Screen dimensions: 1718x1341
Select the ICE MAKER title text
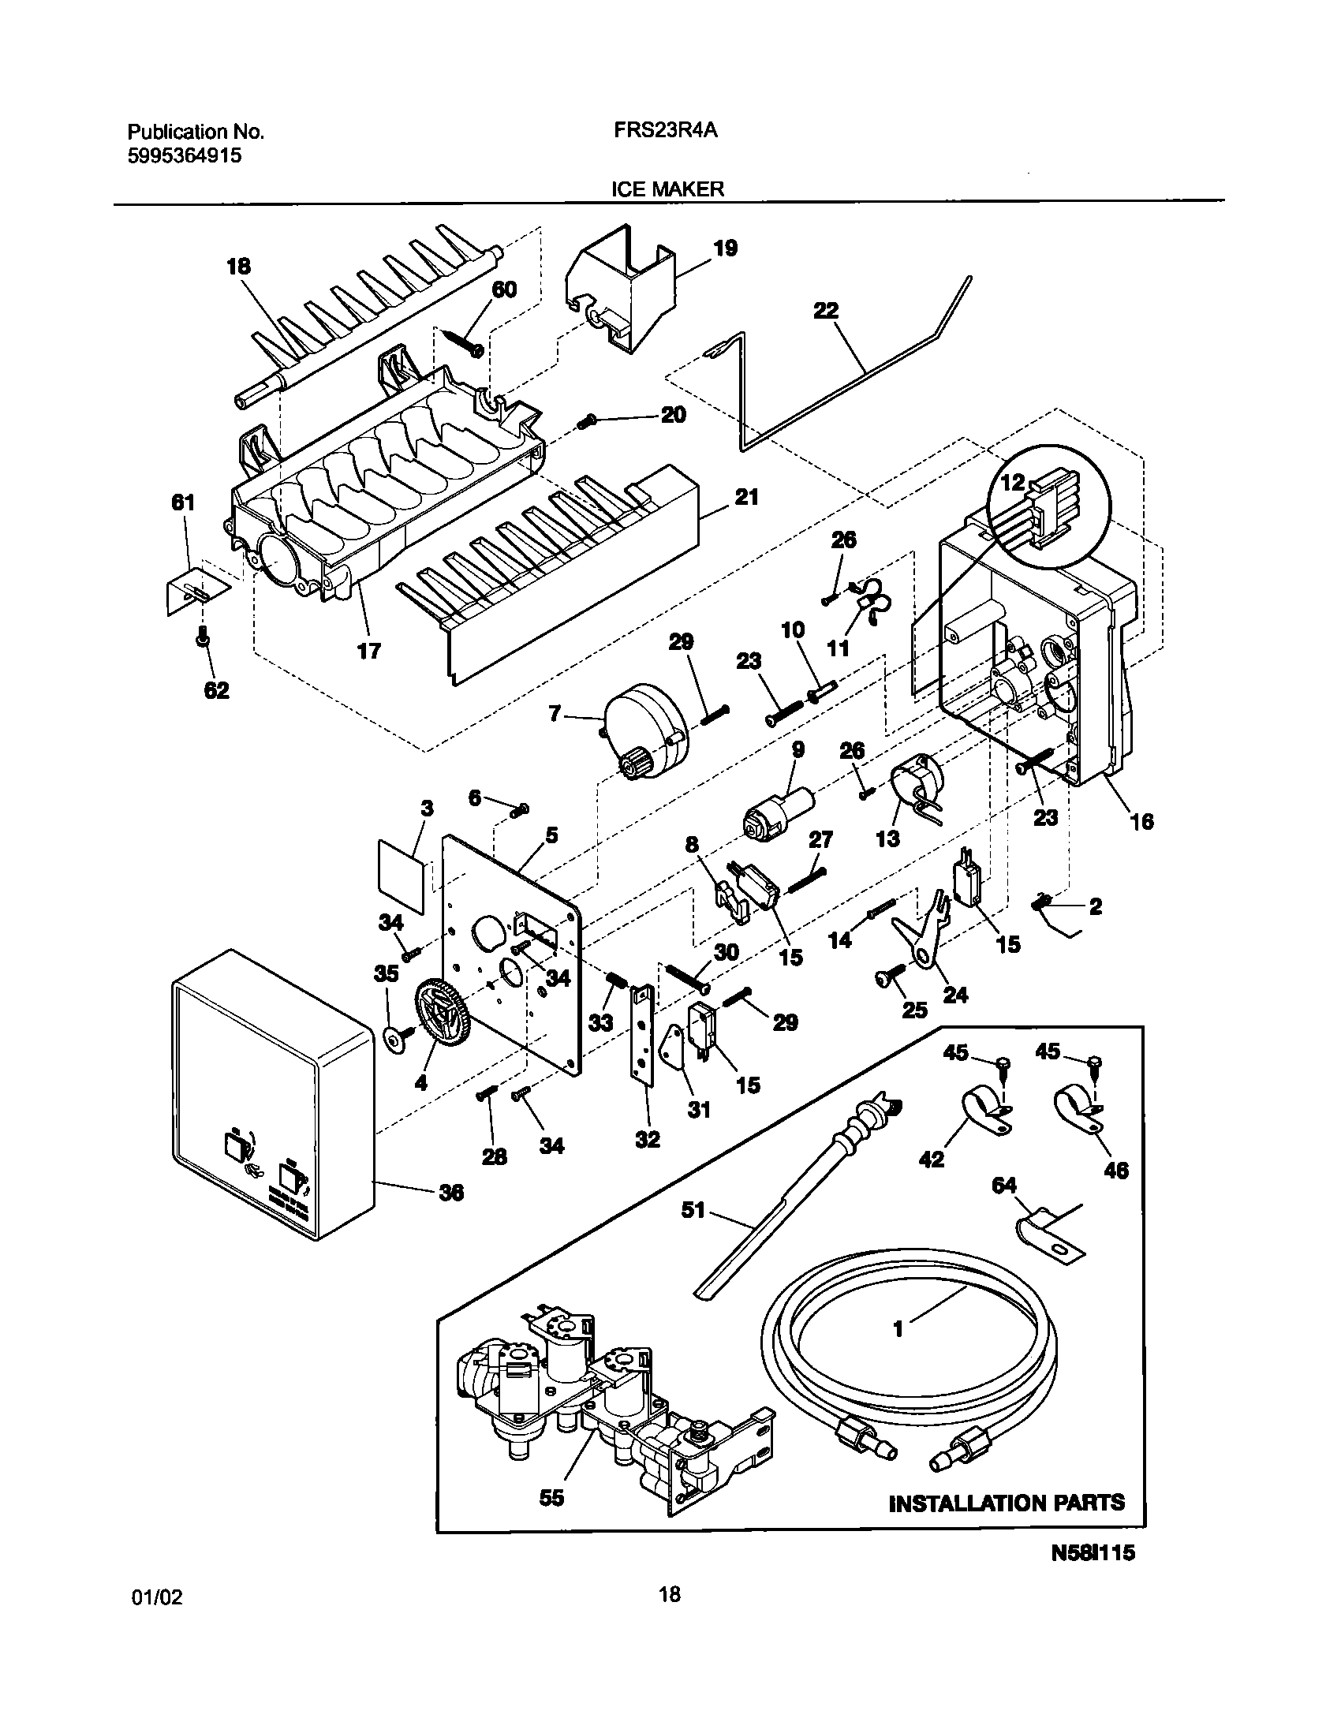point(667,189)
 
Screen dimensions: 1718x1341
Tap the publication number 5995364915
point(185,156)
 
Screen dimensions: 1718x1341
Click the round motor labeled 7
point(645,731)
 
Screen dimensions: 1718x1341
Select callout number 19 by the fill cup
point(725,248)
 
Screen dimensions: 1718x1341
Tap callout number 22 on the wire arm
point(826,312)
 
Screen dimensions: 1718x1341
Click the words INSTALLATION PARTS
point(1007,1525)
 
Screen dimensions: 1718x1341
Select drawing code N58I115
point(1092,1597)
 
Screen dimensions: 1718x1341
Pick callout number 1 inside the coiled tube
point(897,1329)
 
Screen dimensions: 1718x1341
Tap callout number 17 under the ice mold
point(368,651)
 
